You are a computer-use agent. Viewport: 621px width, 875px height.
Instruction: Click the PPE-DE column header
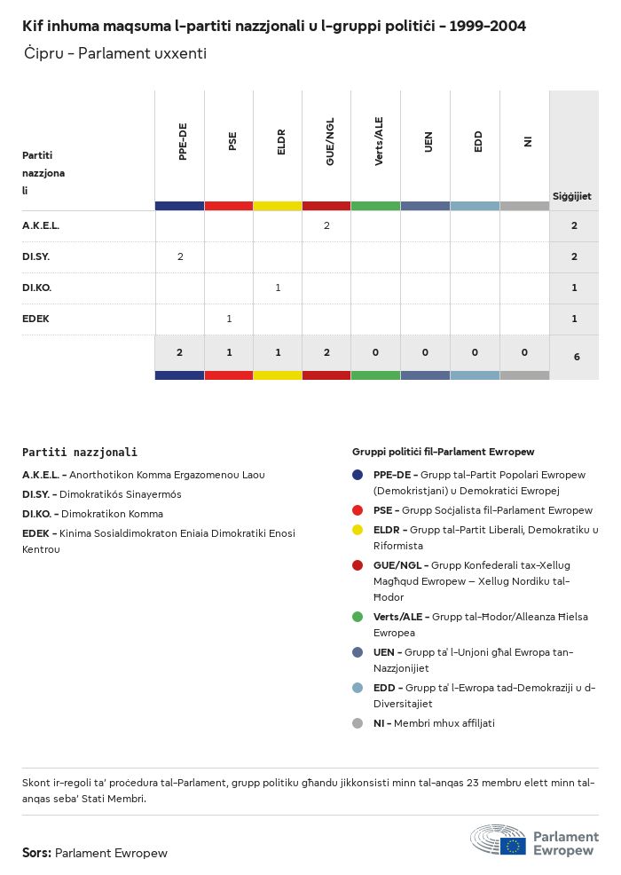[183, 141]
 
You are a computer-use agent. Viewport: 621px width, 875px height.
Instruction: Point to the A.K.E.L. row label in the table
[41, 226]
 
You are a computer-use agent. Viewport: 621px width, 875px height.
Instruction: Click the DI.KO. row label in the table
[36, 288]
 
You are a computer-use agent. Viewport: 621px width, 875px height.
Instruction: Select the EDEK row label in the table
[35, 319]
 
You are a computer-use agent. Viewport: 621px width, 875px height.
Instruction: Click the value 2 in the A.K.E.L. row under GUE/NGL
[326, 226]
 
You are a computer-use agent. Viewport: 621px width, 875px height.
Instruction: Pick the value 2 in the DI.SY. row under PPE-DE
[180, 257]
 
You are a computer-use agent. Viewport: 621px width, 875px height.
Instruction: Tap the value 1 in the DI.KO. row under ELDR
[278, 288]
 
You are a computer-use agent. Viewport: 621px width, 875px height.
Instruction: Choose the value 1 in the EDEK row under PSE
[229, 319]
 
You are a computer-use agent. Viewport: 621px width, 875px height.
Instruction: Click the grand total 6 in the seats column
[576, 357]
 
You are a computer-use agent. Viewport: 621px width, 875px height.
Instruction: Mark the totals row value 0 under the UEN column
[425, 353]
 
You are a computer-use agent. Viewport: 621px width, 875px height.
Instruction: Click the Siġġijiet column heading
[572, 196]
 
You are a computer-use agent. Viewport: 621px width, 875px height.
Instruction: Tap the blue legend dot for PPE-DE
[358, 475]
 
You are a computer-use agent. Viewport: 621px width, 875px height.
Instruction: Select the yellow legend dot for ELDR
[358, 530]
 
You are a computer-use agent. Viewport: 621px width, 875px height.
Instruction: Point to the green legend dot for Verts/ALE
[358, 617]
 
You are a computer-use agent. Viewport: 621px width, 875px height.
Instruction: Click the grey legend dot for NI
[358, 723]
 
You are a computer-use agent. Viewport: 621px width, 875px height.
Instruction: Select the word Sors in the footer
[36, 853]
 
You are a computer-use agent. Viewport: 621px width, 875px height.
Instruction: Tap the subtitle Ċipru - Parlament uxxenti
[115, 53]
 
